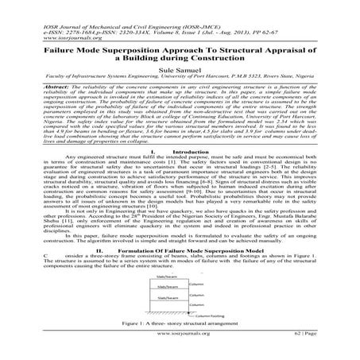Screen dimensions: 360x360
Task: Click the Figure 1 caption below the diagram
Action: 180,326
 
